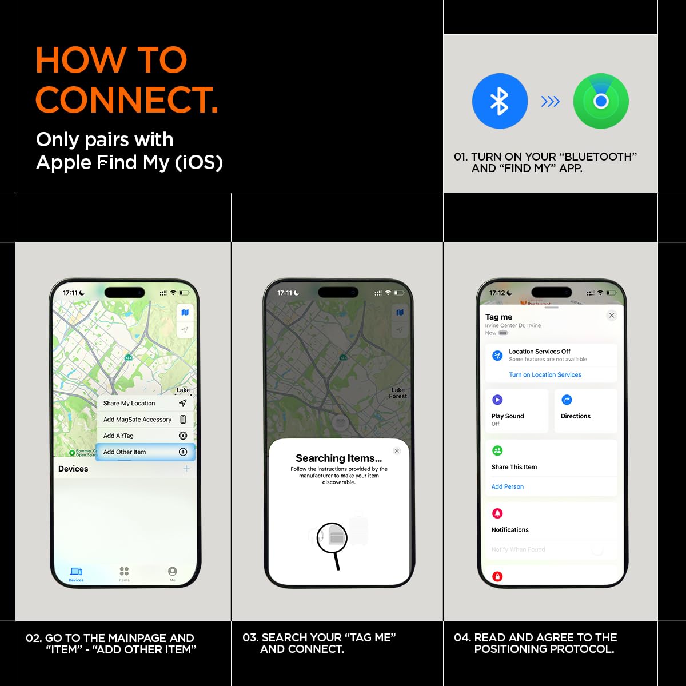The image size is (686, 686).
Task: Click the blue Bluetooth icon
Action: pyautogui.click(x=500, y=101)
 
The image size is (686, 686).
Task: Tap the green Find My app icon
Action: pyautogui.click(x=601, y=101)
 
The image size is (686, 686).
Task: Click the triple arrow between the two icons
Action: pyautogui.click(x=550, y=102)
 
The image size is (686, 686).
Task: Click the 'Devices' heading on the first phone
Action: pyautogui.click(x=73, y=469)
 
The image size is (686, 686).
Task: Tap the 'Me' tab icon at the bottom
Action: pyautogui.click(x=172, y=572)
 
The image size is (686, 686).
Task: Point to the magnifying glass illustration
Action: pyautogui.click(x=333, y=540)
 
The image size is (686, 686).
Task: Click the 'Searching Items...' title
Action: pyautogui.click(x=338, y=458)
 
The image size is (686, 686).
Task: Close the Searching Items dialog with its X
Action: pyautogui.click(x=397, y=451)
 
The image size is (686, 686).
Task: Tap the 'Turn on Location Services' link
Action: pyautogui.click(x=545, y=375)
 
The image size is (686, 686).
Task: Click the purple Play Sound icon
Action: pyautogui.click(x=497, y=400)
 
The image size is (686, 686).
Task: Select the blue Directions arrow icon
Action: pyautogui.click(x=567, y=400)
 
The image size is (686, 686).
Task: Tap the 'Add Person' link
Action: pyautogui.click(x=508, y=486)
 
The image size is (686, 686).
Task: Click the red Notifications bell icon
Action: pyautogui.click(x=497, y=513)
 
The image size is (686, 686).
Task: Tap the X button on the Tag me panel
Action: pyautogui.click(x=612, y=316)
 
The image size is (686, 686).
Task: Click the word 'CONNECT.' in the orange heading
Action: pyautogui.click(x=127, y=100)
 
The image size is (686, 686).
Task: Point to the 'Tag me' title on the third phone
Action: pyautogui.click(x=498, y=317)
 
